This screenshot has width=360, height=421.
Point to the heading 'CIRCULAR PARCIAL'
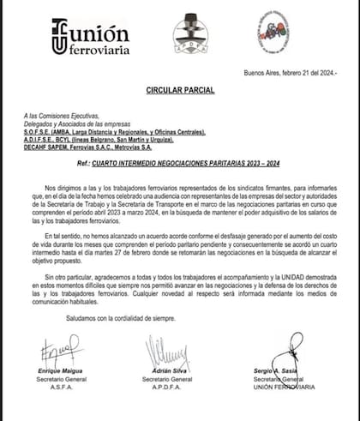pyautogui.click(x=180, y=88)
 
